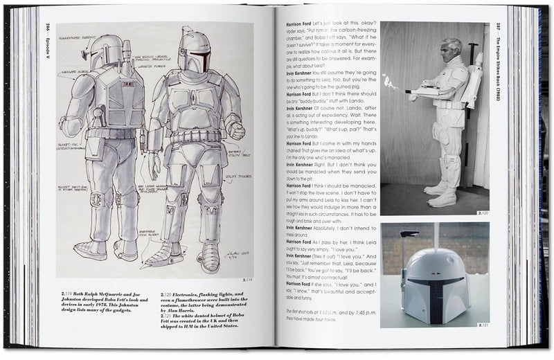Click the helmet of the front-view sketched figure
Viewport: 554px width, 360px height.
tap(194, 52)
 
